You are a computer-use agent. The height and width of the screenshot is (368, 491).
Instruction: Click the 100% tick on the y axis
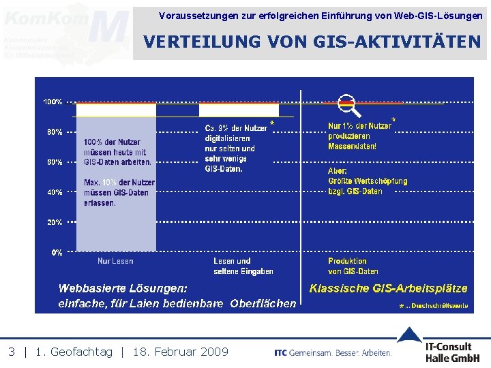click(x=53, y=102)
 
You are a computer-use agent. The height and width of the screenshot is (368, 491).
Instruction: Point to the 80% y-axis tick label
click(x=55, y=132)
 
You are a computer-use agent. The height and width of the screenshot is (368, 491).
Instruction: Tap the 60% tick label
click(x=55, y=162)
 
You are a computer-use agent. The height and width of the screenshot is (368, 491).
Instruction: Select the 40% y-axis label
click(x=55, y=192)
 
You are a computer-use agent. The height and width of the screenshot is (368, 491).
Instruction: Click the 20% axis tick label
click(x=55, y=222)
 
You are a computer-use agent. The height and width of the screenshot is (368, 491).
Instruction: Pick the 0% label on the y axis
click(x=57, y=252)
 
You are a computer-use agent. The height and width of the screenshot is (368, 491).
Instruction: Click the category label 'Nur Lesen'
click(x=115, y=261)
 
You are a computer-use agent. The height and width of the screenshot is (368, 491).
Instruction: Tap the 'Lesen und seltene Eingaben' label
click(x=243, y=266)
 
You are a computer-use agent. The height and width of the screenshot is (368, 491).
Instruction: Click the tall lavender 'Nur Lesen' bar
click(x=116, y=204)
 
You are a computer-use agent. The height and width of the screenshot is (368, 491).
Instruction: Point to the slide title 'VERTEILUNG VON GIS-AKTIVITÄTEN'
click(x=312, y=42)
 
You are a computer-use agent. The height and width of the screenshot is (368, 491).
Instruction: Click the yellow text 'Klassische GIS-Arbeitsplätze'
click(x=388, y=288)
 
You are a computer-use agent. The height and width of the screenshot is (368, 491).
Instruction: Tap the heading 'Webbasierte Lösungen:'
click(x=123, y=288)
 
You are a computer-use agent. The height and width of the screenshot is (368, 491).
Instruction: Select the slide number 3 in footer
click(x=12, y=352)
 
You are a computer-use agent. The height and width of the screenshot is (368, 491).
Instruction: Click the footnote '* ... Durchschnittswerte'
click(x=434, y=307)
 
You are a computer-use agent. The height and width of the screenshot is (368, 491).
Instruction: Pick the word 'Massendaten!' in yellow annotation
click(x=352, y=146)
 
